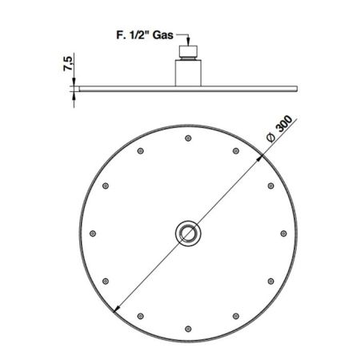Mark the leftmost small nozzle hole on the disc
pos(93,234)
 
